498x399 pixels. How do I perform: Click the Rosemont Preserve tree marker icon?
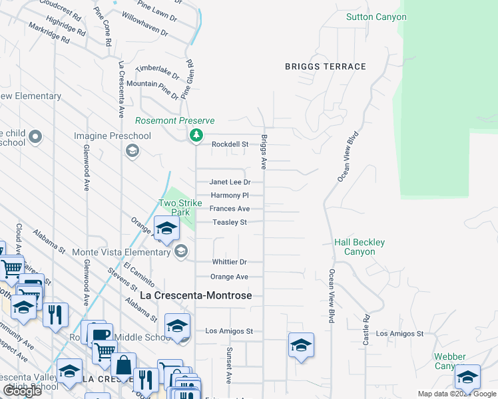click(196, 136)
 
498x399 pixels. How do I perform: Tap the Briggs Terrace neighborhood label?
click(326, 66)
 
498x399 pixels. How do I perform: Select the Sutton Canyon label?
click(376, 17)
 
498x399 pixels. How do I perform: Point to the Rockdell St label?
click(230, 144)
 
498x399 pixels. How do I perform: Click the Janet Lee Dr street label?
click(230, 182)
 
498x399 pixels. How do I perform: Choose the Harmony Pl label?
click(229, 196)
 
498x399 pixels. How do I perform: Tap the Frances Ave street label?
click(230, 209)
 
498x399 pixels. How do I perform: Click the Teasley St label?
click(230, 222)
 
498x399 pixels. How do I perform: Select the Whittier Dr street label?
click(230, 262)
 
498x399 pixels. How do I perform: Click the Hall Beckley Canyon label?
click(360, 247)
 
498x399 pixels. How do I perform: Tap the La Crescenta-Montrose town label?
click(195, 295)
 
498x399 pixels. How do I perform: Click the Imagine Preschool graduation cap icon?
click(132, 151)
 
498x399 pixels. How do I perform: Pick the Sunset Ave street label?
click(228, 365)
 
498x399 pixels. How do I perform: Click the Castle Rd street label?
click(366, 330)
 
